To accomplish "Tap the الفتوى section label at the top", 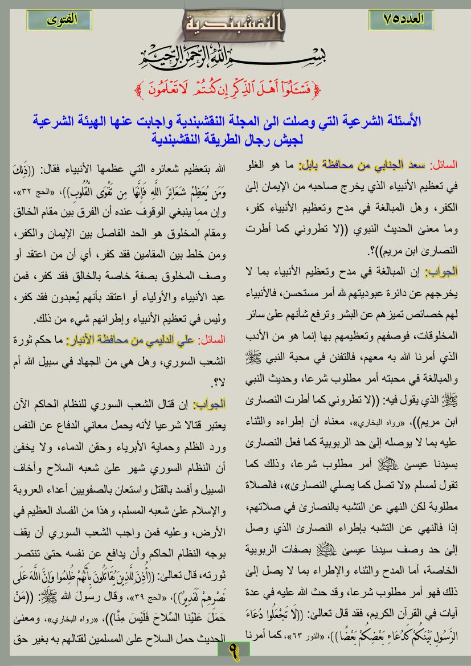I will click(62, 19).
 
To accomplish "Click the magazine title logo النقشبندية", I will click(235, 24).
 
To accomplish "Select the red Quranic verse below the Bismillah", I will click(236, 88).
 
